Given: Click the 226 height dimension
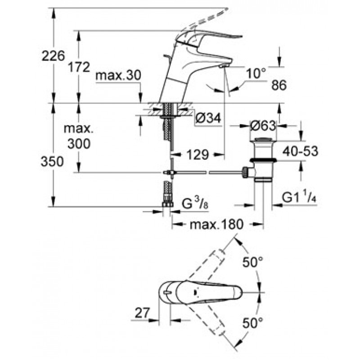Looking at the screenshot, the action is coord(53,56).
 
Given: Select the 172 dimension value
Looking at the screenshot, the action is coord(79,67).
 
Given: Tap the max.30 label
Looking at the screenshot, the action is coord(118,75).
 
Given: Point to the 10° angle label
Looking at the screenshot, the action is coord(256,73).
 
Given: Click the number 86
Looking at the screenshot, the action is coord(279,85).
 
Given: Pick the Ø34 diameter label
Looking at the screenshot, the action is coord(208,118).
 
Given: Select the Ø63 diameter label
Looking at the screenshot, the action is coord(263,126).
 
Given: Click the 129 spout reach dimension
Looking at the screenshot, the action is coord(198,154).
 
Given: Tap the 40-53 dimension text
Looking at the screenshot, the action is coord(300,151).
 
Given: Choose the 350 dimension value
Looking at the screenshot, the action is coord(52,161).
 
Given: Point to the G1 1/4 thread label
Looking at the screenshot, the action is coord(299,198).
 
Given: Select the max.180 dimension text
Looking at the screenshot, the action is coord(216,224).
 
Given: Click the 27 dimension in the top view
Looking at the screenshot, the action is coord(142,313).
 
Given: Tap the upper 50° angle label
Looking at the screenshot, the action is coord(252,262).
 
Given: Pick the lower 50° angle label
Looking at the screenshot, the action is coord(252,323).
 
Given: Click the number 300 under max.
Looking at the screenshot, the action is coord(79,144).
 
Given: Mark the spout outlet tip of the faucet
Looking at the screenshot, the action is coord(224,66).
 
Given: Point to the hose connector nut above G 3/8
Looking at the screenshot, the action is coord(167,204).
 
